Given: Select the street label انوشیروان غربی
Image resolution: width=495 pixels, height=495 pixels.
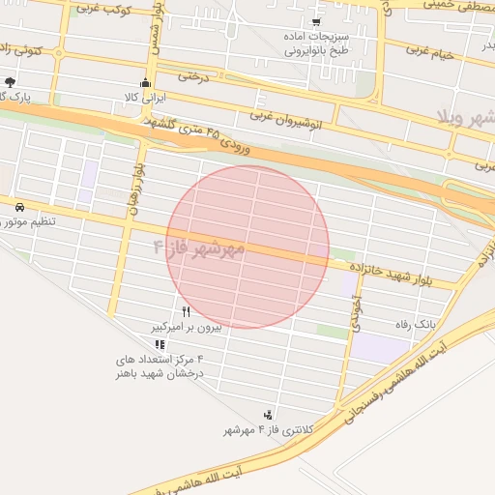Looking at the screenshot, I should pyautogui.click(x=288, y=116).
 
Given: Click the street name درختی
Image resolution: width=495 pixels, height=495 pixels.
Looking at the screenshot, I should pyautogui.click(x=192, y=75).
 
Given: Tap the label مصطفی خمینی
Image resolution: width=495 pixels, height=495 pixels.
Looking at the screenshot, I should pyautogui.click(x=446, y=6).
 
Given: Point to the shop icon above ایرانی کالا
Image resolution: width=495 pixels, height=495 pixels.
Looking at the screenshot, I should pyautogui.click(x=146, y=82).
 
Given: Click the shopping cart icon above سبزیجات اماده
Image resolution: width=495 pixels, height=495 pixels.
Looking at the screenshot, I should pyautogui.click(x=316, y=21).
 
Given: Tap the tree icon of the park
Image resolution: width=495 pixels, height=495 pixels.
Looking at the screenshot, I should pyautogui.click(x=10, y=82).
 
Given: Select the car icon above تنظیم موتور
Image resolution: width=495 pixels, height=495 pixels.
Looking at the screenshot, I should pyautogui.click(x=19, y=207).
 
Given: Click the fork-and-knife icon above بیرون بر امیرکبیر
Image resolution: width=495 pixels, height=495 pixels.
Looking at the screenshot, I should pyautogui.click(x=186, y=312).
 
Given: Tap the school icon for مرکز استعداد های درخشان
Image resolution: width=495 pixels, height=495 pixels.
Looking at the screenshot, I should pyautogui.click(x=160, y=344).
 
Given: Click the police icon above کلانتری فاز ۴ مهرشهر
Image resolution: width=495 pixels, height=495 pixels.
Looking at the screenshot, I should pyautogui.click(x=268, y=415).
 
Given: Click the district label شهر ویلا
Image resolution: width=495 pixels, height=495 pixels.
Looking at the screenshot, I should pyautogui.click(x=468, y=117).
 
